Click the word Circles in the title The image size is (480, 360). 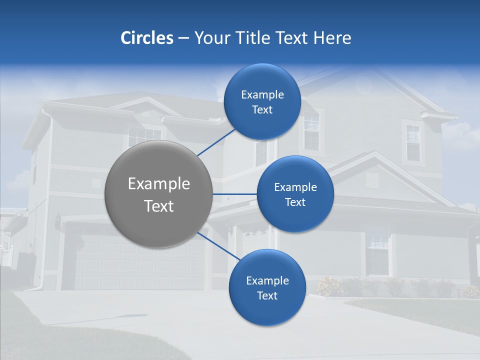tap(146, 38)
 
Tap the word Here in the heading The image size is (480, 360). tap(332, 38)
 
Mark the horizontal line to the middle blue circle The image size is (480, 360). tap(235, 194)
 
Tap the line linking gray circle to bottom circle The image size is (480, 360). tap(218, 246)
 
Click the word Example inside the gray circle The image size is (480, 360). tap(159, 184)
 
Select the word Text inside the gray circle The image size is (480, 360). tap(159, 206)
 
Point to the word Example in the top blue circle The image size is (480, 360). tap(262, 95)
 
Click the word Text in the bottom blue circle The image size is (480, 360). tap(267, 296)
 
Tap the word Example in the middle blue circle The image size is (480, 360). tap(295, 187)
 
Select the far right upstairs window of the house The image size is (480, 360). tap(413, 142)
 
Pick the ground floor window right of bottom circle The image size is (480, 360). tap(377, 252)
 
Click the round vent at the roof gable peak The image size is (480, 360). tap(363, 85)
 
